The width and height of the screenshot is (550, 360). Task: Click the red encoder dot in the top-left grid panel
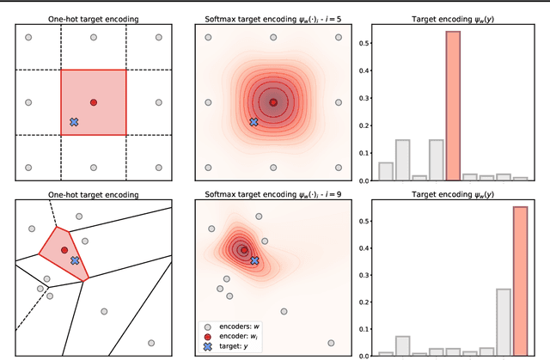[x=94, y=102]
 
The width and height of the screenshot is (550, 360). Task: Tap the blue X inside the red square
[x=74, y=123]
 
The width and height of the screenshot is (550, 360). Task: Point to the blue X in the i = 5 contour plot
[x=254, y=122]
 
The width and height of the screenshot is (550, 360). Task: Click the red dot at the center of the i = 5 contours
[x=273, y=102]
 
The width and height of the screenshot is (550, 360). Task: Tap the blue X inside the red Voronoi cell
[x=75, y=259]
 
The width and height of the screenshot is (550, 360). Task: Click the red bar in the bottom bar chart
[x=520, y=281]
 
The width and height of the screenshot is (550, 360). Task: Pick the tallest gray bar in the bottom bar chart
[x=504, y=322]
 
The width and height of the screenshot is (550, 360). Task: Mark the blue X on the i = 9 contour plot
[x=254, y=260]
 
